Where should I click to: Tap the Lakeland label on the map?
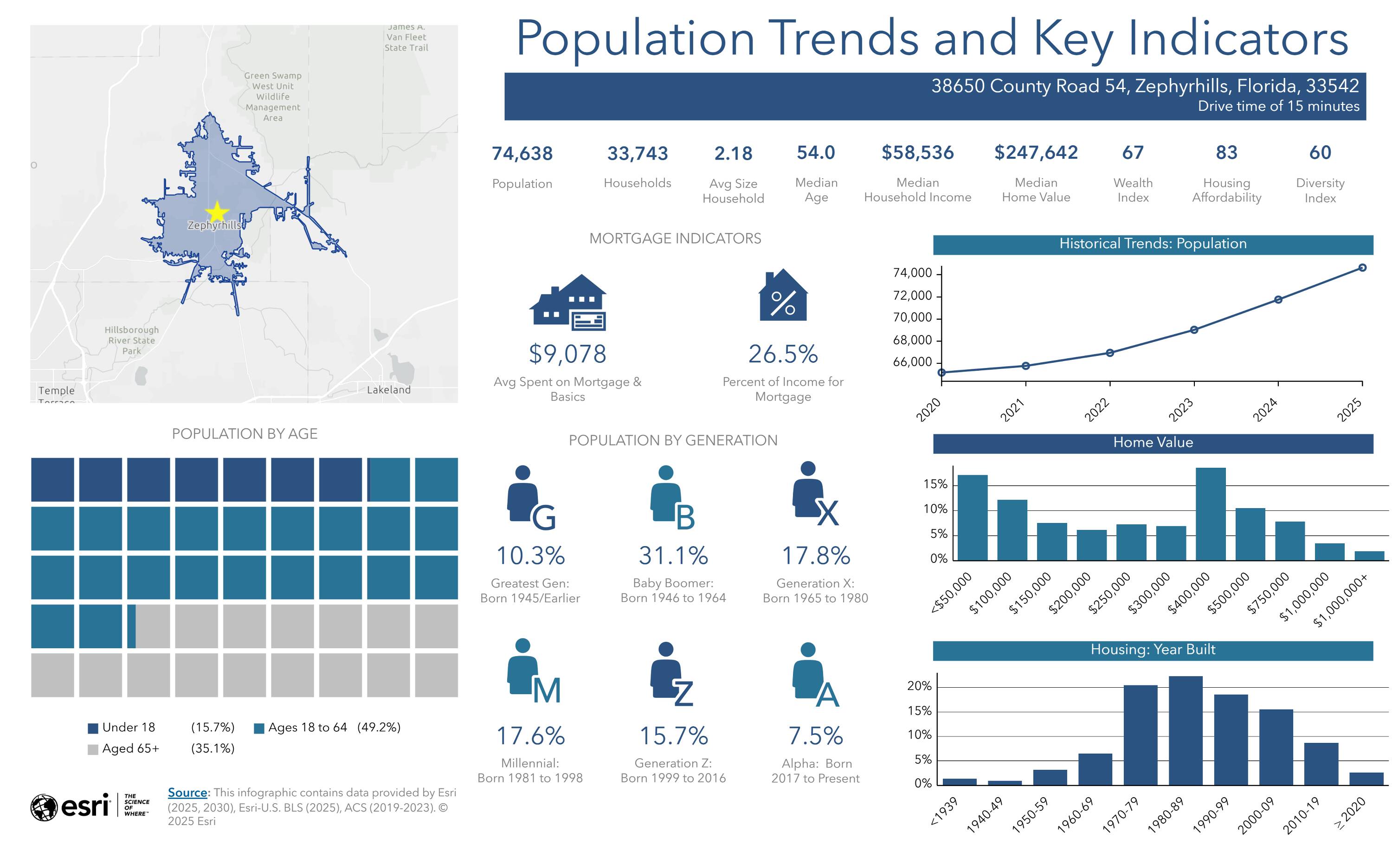click(x=389, y=390)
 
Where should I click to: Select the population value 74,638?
click(x=522, y=154)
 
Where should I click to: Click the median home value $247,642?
click(x=1036, y=153)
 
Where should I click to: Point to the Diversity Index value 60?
click(x=1320, y=153)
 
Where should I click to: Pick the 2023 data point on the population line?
click(x=1194, y=330)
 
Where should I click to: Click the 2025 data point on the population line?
click(x=1362, y=268)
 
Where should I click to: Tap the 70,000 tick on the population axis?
click(x=912, y=318)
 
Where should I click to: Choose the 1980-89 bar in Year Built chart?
click(x=1185, y=730)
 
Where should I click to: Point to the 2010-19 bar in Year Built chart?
click(x=1321, y=764)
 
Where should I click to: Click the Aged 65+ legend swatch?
click(x=93, y=749)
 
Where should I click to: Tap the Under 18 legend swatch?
click(x=93, y=728)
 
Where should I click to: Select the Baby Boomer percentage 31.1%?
click(x=673, y=556)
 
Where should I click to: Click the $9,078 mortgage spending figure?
click(x=567, y=354)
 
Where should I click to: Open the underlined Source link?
click(x=187, y=793)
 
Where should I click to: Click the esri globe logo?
click(x=44, y=808)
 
